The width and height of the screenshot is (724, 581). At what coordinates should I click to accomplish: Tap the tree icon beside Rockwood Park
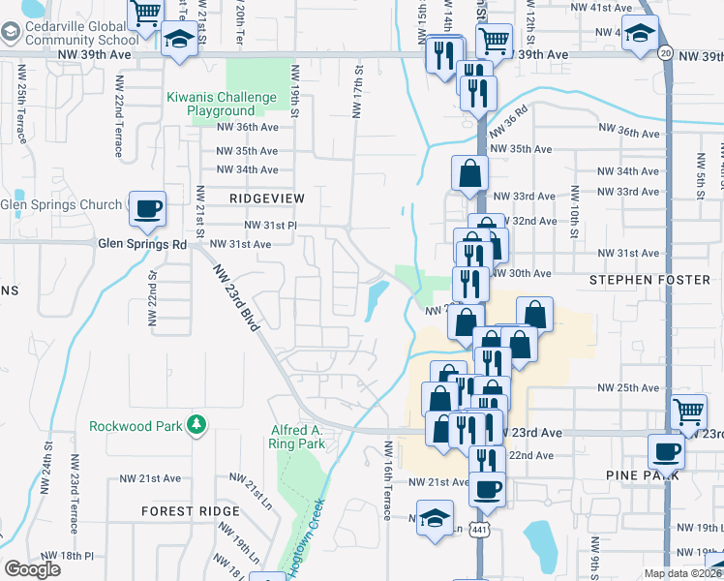pyautogui.click(x=196, y=425)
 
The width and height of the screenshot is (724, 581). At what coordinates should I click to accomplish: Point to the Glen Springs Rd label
pyautogui.click(x=141, y=245)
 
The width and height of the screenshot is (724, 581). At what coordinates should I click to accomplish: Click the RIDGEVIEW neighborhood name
pyautogui.click(x=267, y=199)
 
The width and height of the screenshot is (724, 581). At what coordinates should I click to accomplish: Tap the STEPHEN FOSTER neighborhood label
pyautogui.click(x=649, y=280)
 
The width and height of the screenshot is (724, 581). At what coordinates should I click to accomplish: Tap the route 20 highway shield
pyautogui.click(x=665, y=52)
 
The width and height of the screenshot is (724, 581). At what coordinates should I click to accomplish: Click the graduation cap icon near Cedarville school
pyautogui.click(x=178, y=41)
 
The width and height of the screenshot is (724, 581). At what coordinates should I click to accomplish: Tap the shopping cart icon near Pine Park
pyautogui.click(x=688, y=411)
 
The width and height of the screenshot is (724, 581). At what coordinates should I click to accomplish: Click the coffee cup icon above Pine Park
pyautogui.click(x=666, y=450)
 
